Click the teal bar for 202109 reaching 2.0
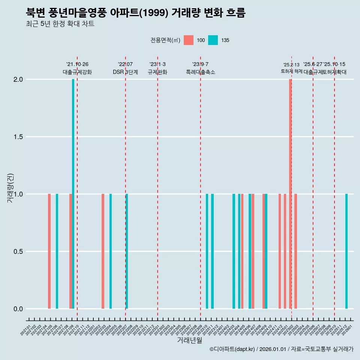(73, 194)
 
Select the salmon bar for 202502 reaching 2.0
(290, 194)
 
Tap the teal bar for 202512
(346, 251)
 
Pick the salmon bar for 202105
(49, 251)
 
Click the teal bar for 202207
(127, 251)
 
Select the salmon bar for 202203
(103, 251)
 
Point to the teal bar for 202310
(207, 251)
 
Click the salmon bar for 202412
(280, 251)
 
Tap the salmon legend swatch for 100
(189, 40)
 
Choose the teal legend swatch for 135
(213, 40)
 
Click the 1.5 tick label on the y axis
(17, 137)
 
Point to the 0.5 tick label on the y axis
(17, 252)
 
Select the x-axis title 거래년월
(189, 340)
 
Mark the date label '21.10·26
(77, 64)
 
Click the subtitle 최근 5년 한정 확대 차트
(60, 24)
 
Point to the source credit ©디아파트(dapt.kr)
(232, 349)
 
